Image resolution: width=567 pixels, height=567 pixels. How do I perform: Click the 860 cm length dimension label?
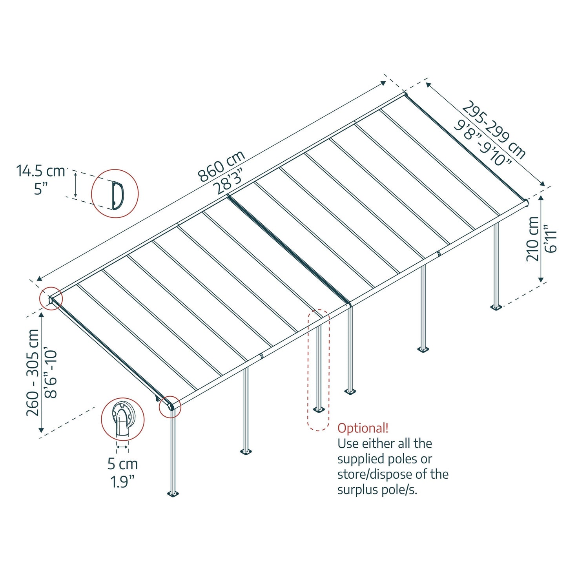pos(221,166)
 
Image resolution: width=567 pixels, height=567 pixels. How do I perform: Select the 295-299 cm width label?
pos(494,129)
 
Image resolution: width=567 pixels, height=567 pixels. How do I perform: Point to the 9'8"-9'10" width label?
pos(483,143)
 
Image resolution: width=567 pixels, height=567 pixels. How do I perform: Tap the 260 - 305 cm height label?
pos(33,372)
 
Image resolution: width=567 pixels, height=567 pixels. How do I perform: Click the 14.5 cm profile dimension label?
pos(40,171)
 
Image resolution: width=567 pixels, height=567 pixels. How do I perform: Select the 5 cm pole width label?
pos(122,464)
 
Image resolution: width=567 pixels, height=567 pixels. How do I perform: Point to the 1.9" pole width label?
pos(122,481)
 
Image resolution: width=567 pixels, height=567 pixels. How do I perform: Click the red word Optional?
pos(363,428)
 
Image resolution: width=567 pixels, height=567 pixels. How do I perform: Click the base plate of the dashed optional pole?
pos(319,410)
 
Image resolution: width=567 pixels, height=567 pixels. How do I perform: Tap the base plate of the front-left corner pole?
pos(173,493)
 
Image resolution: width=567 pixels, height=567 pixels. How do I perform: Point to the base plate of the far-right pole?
pos(496,307)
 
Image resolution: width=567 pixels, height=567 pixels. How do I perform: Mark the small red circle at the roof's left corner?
pos(51,299)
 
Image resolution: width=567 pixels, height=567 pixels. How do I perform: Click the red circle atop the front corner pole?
pos(170,407)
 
